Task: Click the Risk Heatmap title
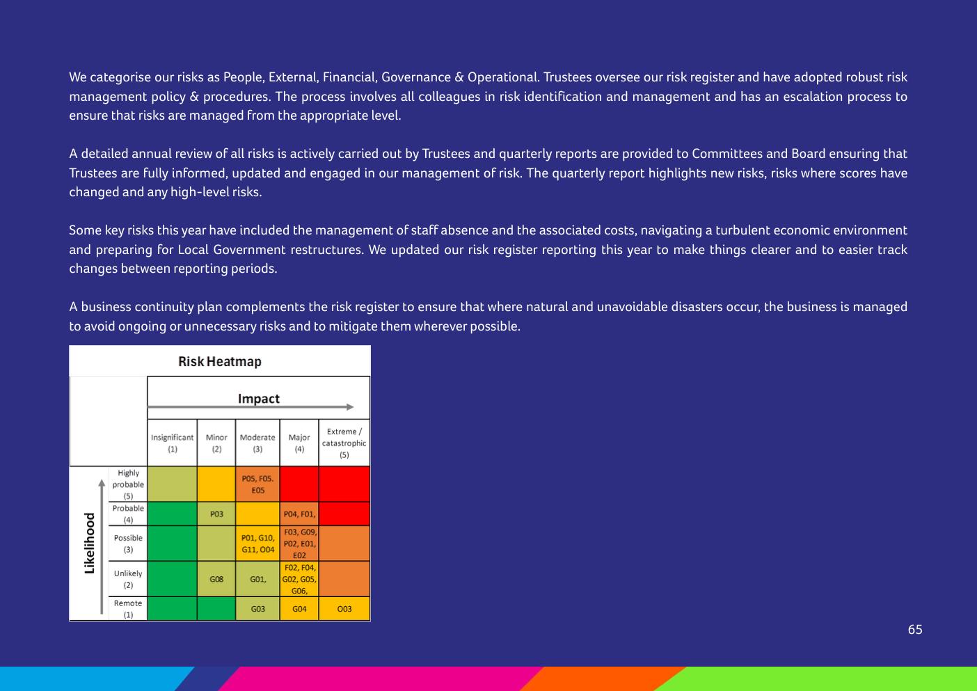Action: [220, 361]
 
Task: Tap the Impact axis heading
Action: [258, 398]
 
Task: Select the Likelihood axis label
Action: [89, 543]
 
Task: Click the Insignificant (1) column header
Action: [172, 443]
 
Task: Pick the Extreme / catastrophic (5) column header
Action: [344, 443]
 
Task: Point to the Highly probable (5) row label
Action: [128, 484]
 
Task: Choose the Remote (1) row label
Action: [128, 608]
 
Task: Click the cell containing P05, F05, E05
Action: [257, 484]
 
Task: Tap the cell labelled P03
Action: [216, 514]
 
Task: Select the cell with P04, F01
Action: [299, 514]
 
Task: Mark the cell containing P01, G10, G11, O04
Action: [257, 543]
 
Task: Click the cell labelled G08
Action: [216, 579]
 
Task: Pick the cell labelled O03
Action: [344, 609]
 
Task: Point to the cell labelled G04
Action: [299, 609]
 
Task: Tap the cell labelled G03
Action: [257, 609]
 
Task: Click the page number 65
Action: [915, 629]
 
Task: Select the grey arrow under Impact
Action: [251, 407]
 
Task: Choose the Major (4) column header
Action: [299, 443]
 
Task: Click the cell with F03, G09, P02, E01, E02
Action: [299, 543]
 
